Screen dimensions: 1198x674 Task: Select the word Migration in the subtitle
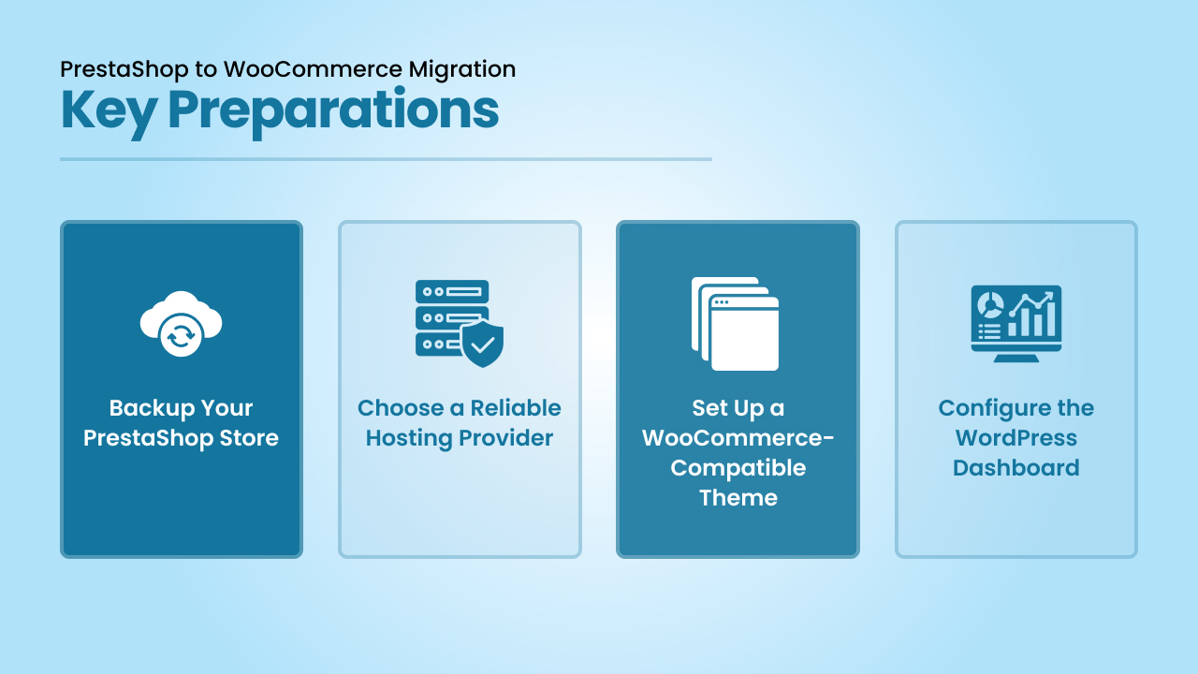click(462, 70)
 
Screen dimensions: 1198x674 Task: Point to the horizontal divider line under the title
click(386, 159)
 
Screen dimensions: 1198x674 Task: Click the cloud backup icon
click(182, 323)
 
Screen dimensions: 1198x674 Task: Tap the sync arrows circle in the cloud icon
click(181, 335)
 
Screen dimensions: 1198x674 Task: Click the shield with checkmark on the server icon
click(482, 344)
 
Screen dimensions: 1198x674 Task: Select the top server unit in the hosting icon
click(452, 291)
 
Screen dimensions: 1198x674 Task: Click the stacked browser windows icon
click(735, 324)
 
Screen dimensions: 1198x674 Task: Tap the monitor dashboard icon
click(1016, 323)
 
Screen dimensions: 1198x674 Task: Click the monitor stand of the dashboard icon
click(1016, 358)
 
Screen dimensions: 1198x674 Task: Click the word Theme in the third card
click(738, 498)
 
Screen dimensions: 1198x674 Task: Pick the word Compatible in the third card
click(738, 469)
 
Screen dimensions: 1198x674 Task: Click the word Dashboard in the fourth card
click(1016, 468)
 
